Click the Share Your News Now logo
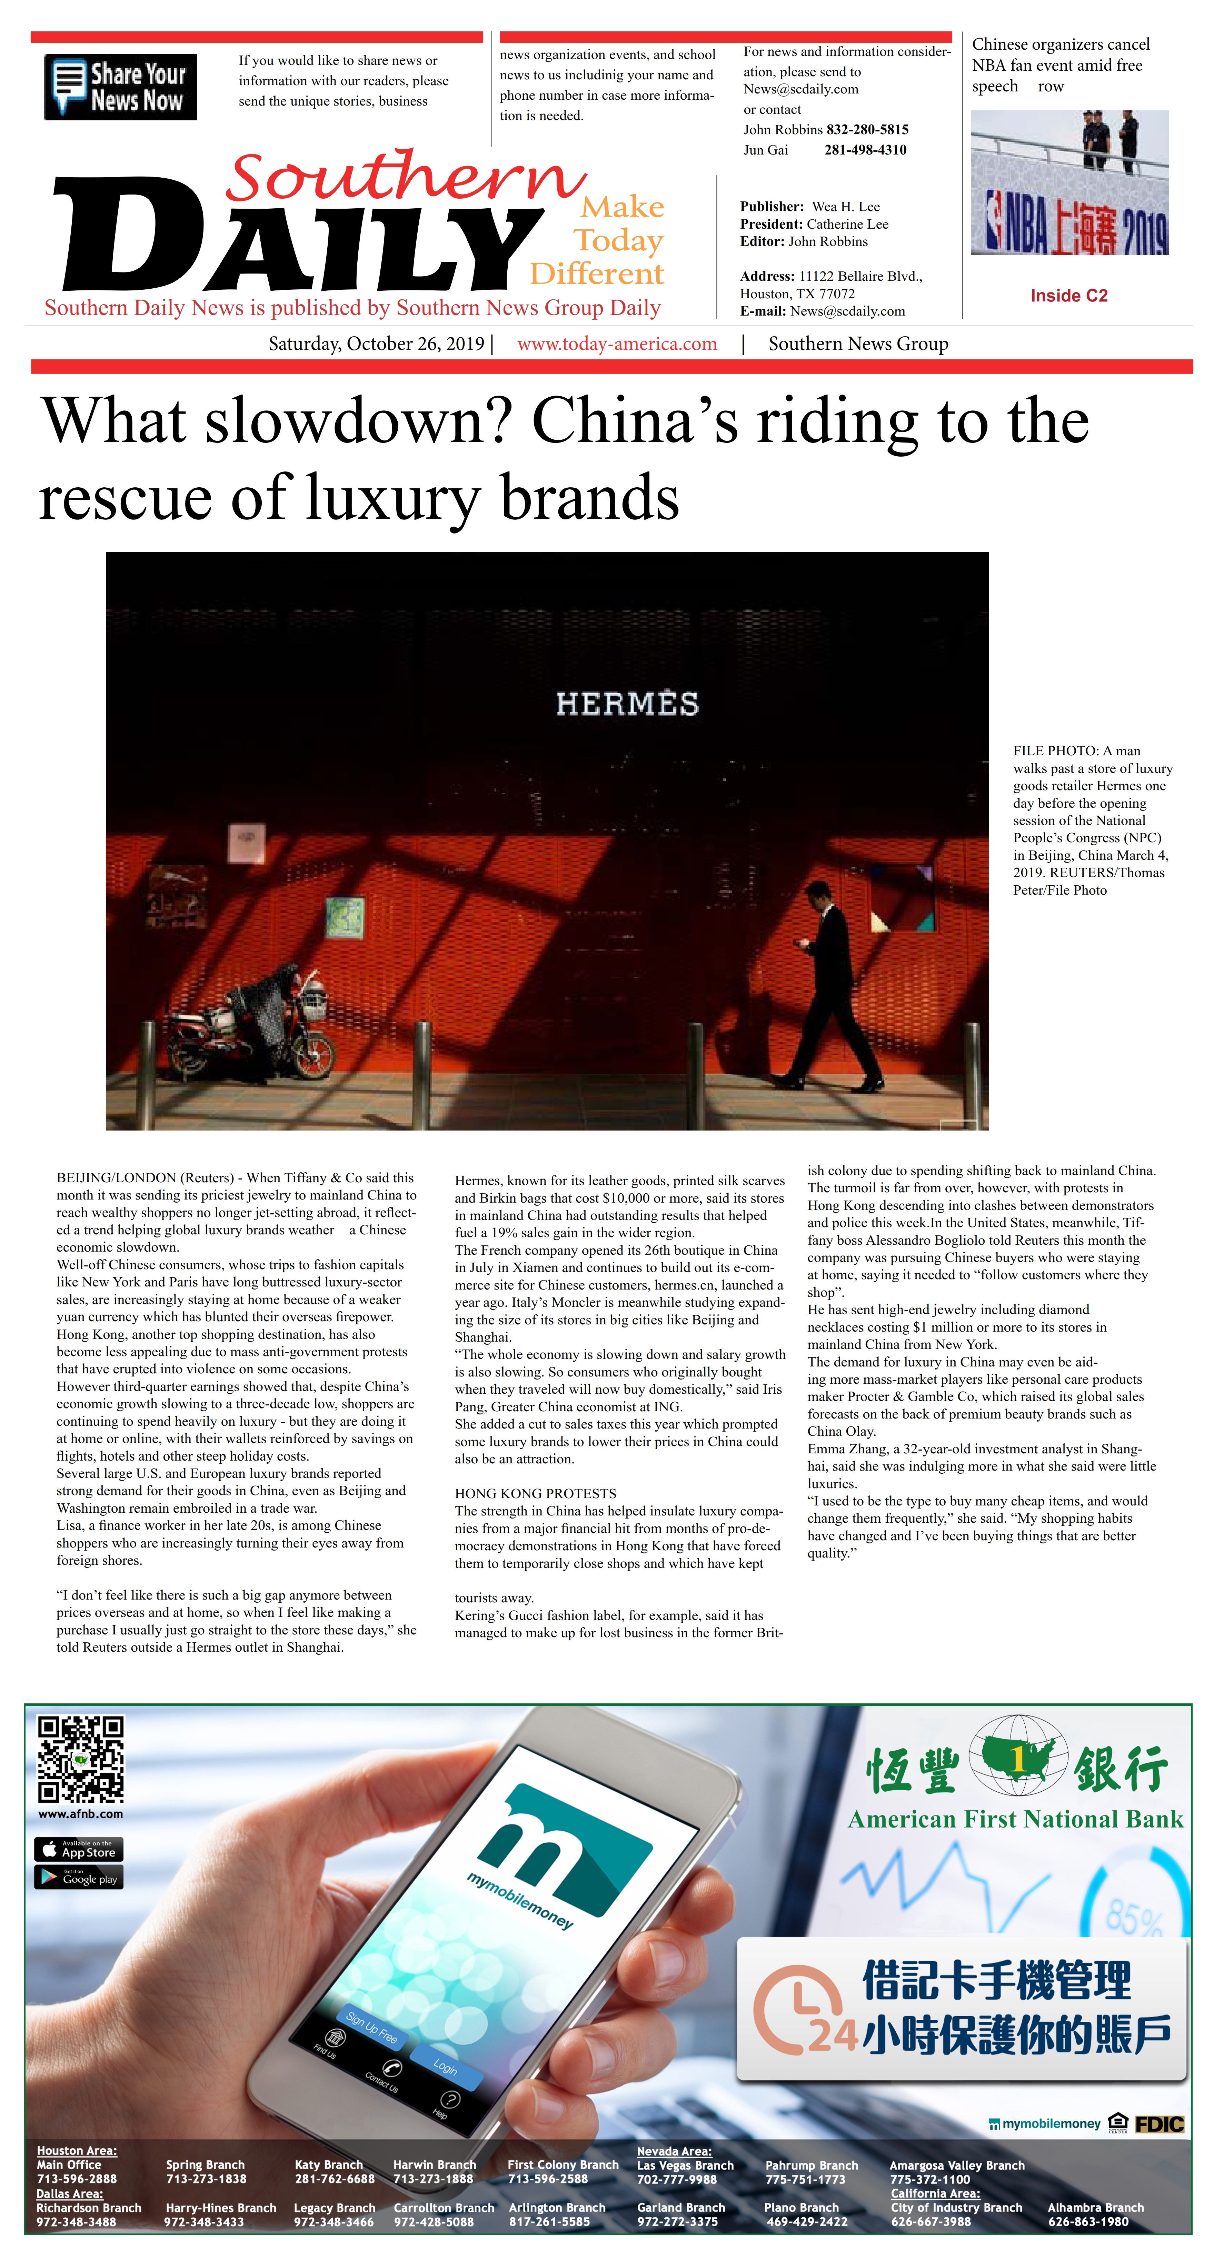coord(120,87)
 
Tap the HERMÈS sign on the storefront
coord(627,703)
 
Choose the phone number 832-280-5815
coord(867,130)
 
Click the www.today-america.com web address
coord(617,344)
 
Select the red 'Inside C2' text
coord(1068,296)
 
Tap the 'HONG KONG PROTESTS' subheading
coord(535,1493)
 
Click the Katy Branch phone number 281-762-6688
coord(334,2179)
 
